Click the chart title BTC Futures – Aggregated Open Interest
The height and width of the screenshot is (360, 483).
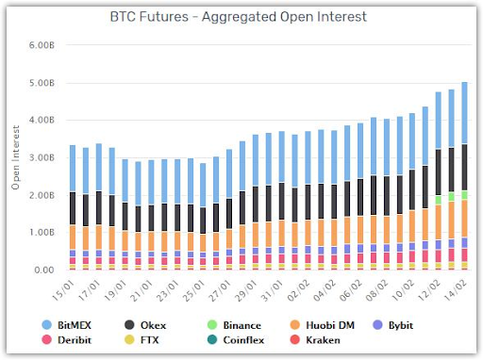(238, 17)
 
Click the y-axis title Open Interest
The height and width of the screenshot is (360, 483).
(16, 157)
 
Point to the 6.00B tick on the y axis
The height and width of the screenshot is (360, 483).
(42, 45)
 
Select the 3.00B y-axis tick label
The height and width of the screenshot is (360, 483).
(42, 157)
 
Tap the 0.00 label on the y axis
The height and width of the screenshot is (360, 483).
(44, 270)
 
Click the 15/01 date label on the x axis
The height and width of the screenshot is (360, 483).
(63, 290)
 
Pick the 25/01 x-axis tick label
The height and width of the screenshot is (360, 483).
(193, 290)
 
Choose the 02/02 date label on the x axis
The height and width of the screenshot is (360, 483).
(298, 290)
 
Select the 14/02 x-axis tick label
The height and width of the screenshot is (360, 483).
(455, 290)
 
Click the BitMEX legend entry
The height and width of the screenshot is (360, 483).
(66, 325)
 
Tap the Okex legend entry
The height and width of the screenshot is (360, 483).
(145, 325)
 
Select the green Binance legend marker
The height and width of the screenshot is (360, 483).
(212, 325)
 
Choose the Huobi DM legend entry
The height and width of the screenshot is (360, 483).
(323, 325)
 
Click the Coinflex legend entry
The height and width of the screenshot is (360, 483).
(236, 340)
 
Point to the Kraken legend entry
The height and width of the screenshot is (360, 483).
(315, 340)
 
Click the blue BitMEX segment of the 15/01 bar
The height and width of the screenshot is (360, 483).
(73, 169)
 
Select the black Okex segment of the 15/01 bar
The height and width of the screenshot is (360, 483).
(73, 208)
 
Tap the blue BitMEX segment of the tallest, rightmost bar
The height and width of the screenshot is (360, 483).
(464, 113)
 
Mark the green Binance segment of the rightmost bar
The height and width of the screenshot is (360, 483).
(464, 195)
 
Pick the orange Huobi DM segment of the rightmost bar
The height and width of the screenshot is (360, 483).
(464, 219)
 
